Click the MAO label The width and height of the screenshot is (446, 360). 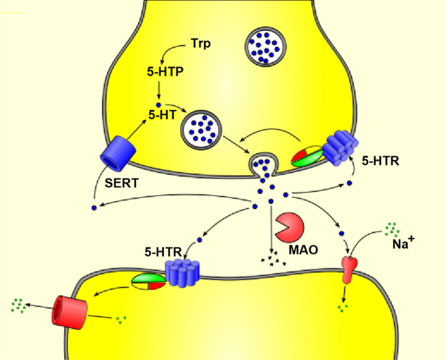tap(304, 249)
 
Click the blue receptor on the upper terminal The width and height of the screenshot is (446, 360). tap(337, 149)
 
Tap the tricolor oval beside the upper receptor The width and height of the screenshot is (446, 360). tap(306, 157)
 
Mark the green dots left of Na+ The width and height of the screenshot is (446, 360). tap(391, 228)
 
